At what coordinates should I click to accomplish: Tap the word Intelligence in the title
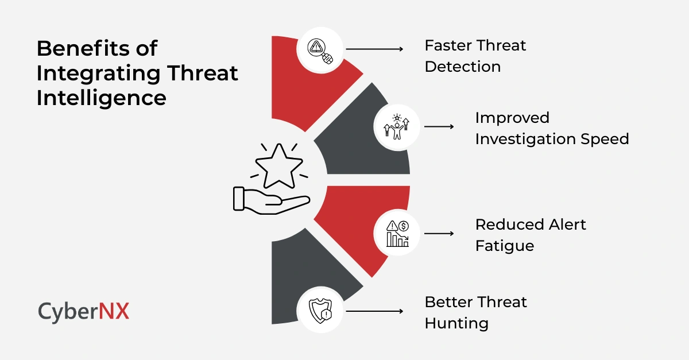pyautogui.click(x=101, y=98)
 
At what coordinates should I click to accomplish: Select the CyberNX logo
pyautogui.click(x=84, y=311)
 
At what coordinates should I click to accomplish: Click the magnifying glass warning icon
pyautogui.click(x=320, y=49)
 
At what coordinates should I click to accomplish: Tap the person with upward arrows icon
pyautogui.click(x=397, y=127)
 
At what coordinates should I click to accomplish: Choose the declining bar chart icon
pyautogui.click(x=397, y=234)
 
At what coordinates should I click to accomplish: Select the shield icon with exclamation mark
pyautogui.click(x=320, y=312)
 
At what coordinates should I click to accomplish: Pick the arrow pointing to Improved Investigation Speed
pyautogui.click(x=439, y=127)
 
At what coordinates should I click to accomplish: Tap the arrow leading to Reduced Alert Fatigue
pyautogui.click(x=439, y=234)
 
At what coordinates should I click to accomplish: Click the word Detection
pyautogui.click(x=462, y=67)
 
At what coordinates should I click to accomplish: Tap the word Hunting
pyautogui.click(x=456, y=323)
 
